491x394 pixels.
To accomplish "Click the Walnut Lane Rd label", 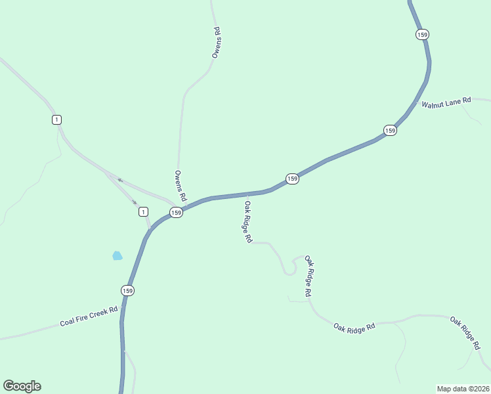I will [x=446, y=102].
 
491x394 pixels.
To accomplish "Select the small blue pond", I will [x=117, y=255].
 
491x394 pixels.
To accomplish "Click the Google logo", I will [x=22, y=386].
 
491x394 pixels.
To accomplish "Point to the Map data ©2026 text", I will [x=463, y=388].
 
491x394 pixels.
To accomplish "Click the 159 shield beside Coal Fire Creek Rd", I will [x=127, y=290].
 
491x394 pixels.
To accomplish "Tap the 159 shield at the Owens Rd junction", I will [x=176, y=212].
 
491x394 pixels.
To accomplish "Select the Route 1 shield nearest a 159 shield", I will [x=143, y=211].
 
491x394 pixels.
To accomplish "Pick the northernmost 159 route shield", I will [x=422, y=34].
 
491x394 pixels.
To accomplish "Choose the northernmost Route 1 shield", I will [x=57, y=119].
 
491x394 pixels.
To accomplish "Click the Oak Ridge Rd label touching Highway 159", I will [x=248, y=222].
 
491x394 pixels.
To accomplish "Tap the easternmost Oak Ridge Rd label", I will [x=465, y=332].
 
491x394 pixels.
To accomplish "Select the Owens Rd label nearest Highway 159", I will [x=181, y=186].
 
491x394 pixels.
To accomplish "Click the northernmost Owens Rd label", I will [x=216, y=43].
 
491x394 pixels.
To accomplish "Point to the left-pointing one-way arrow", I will [x=119, y=179].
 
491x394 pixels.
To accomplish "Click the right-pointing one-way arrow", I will [x=135, y=202].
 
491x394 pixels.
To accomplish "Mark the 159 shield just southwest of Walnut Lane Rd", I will [x=390, y=131].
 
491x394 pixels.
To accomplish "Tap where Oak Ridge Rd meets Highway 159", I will [x=247, y=194].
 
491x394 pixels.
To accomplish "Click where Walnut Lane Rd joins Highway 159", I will [x=416, y=101].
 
